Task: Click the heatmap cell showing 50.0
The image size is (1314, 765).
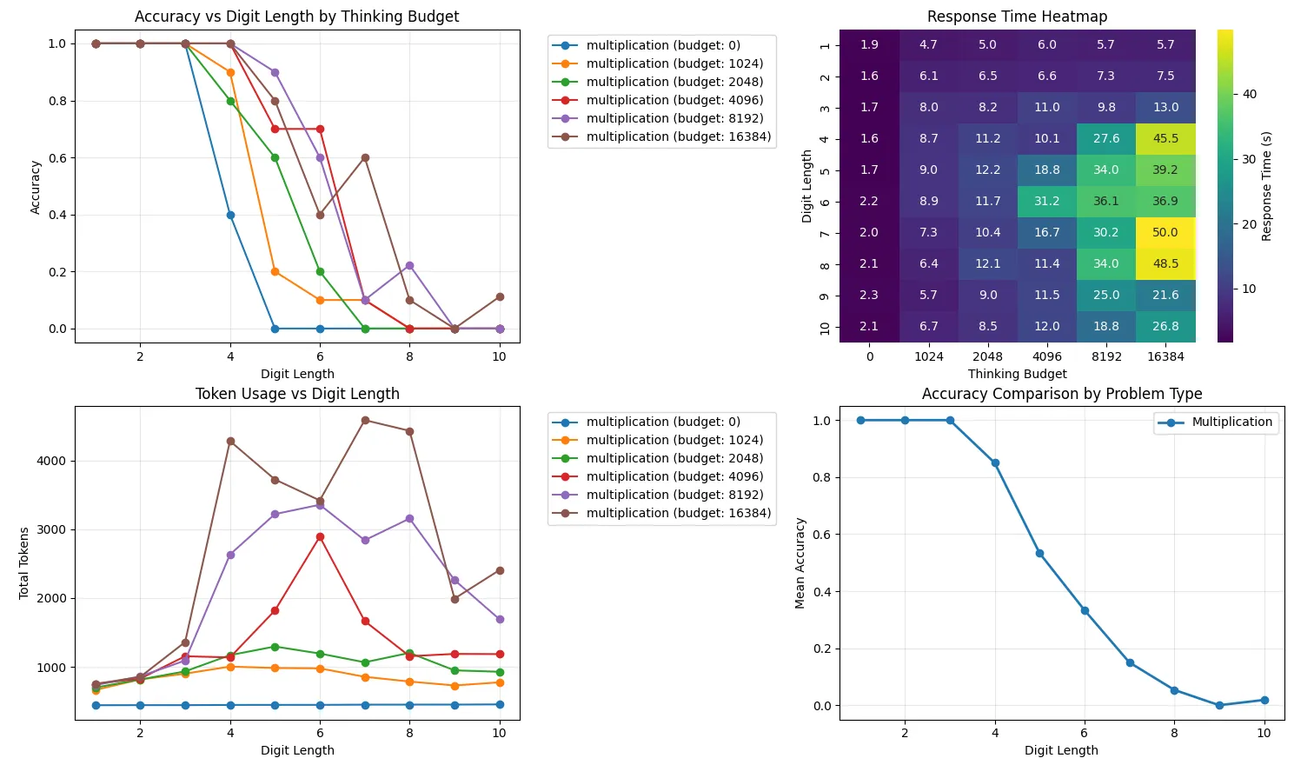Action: [x=1165, y=232]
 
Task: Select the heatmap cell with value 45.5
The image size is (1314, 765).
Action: [x=1165, y=138]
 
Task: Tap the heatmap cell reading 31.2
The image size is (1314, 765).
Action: [x=1047, y=201]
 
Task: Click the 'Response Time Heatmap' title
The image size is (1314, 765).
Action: [x=1017, y=17]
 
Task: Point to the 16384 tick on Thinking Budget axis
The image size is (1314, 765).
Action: [x=1165, y=356]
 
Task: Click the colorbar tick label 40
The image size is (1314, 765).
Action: [x=1250, y=94]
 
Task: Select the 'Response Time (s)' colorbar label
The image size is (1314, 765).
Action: [x=1267, y=186]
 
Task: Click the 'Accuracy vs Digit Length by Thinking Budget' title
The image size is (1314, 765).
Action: [x=297, y=17]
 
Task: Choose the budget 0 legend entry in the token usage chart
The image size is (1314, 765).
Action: [x=663, y=422]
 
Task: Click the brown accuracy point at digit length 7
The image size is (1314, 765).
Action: [x=365, y=158]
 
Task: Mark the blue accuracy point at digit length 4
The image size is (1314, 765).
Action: [x=230, y=215]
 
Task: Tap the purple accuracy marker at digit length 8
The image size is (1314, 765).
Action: [x=409, y=266]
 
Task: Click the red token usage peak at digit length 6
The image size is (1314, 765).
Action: [x=320, y=537]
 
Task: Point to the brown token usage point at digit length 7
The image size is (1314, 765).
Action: [x=365, y=421]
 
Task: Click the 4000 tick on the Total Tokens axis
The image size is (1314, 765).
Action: [x=51, y=462]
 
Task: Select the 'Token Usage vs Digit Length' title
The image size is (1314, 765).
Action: [x=297, y=394]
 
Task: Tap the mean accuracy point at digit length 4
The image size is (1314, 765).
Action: [x=995, y=463]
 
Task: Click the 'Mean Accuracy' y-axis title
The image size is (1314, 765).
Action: [x=800, y=563]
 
